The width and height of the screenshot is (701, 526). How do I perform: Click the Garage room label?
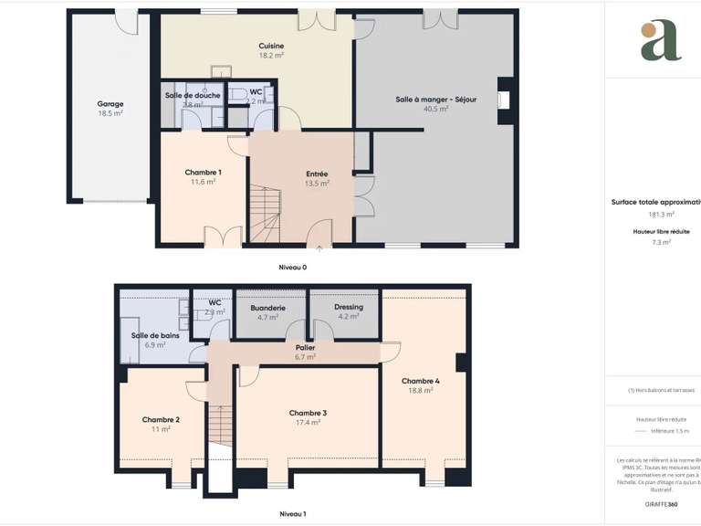point(110,104)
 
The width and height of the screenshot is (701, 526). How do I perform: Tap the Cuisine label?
point(271,46)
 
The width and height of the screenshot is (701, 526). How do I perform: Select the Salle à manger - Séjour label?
point(435,100)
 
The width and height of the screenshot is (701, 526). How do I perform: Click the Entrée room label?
point(317,174)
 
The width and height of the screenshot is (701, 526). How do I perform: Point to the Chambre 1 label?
point(203,173)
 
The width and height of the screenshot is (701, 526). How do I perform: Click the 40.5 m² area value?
point(435,110)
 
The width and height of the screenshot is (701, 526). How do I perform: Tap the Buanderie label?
point(268,308)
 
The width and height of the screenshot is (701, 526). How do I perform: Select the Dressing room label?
point(349,307)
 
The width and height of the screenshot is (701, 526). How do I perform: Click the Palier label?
point(306,348)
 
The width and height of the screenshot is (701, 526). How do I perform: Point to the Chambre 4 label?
point(421,381)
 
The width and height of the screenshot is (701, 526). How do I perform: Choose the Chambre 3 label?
point(308,413)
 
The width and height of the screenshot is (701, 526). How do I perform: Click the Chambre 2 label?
point(161,419)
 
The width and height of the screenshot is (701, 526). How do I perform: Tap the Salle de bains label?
point(154,335)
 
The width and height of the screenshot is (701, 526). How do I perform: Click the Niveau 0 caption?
point(293,268)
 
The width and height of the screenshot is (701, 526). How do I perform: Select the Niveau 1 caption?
point(292,514)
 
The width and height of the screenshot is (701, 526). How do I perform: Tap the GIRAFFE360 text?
point(660,504)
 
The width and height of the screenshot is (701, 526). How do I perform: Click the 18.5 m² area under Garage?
point(110,113)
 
